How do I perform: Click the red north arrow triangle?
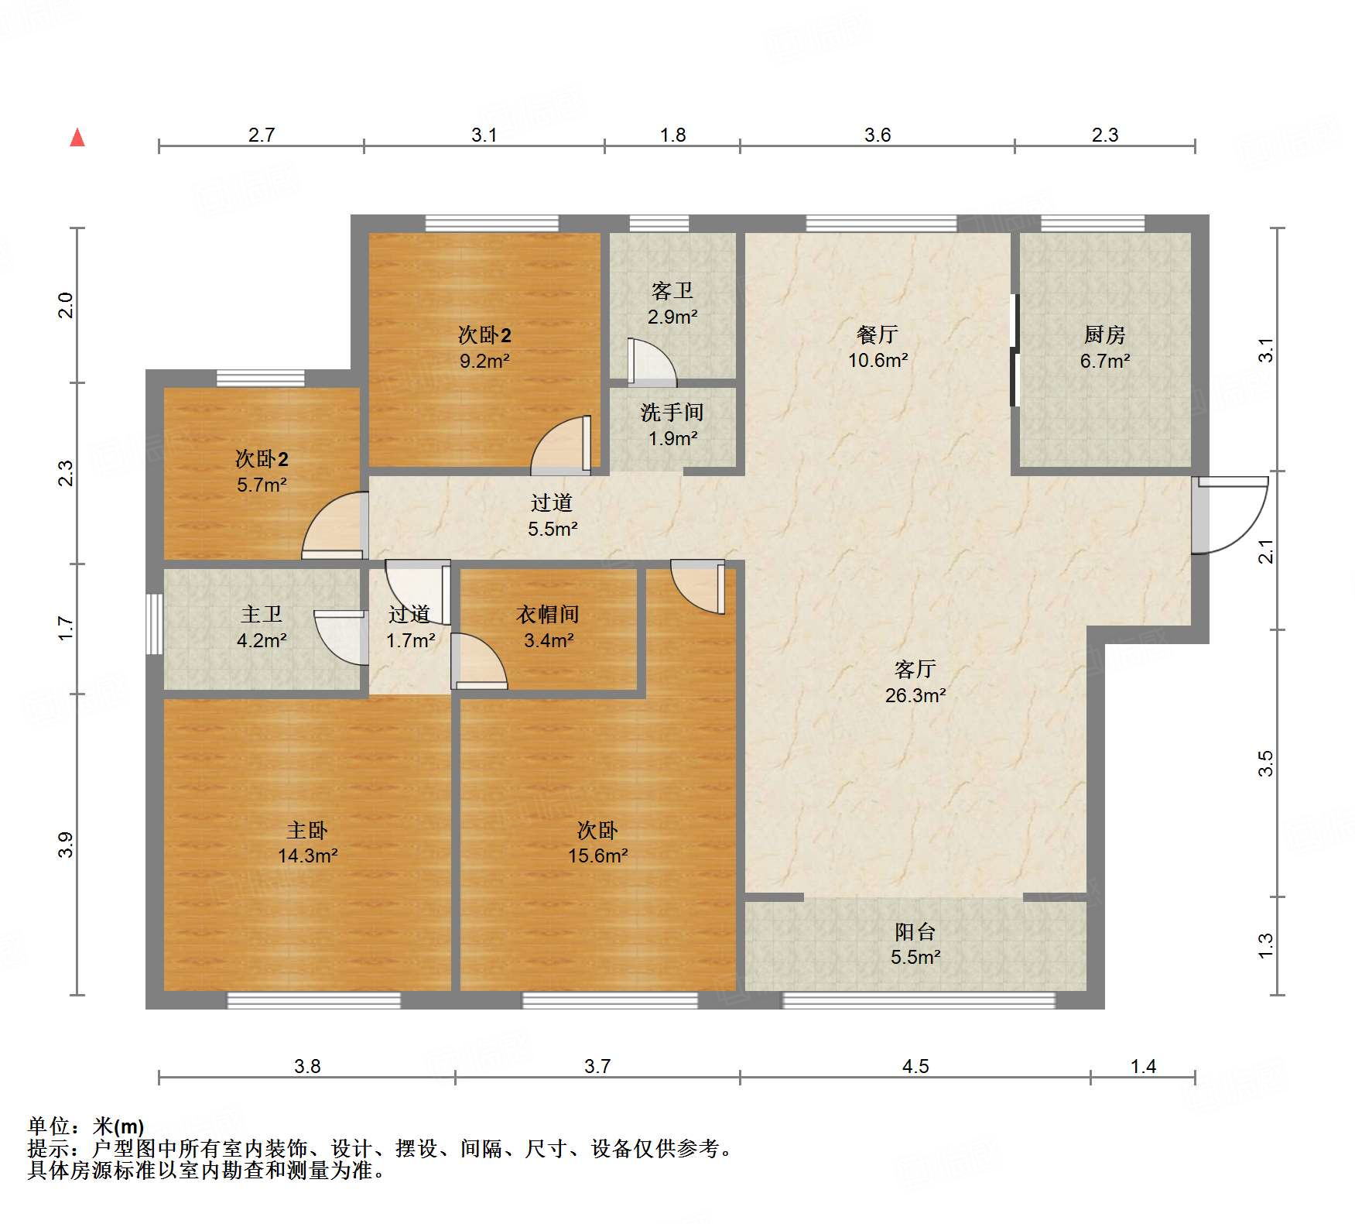click(x=77, y=138)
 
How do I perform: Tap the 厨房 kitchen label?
click(x=1104, y=334)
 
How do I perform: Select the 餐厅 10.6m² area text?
click(x=878, y=360)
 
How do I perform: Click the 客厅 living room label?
click(x=915, y=669)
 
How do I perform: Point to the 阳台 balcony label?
click(x=915, y=931)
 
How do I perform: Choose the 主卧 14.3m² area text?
click(x=307, y=855)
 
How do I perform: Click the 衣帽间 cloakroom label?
click(x=548, y=615)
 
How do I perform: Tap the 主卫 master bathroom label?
click(x=262, y=615)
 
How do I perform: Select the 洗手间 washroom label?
click(x=672, y=413)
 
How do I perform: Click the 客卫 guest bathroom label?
click(x=672, y=291)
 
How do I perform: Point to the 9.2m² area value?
click(x=484, y=361)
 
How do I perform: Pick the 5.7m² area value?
click(x=262, y=485)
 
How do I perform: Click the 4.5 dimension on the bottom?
click(x=915, y=1066)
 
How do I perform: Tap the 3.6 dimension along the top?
click(x=878, y=135)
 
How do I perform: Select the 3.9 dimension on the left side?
click(x=66, y=845)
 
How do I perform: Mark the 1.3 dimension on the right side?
click(x=1265, y=945)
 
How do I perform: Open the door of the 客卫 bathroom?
click(x=652, y=362)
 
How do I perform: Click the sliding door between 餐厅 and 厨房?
click(x=1014, y=350)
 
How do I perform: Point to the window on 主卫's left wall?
click(x=155, y=624)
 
